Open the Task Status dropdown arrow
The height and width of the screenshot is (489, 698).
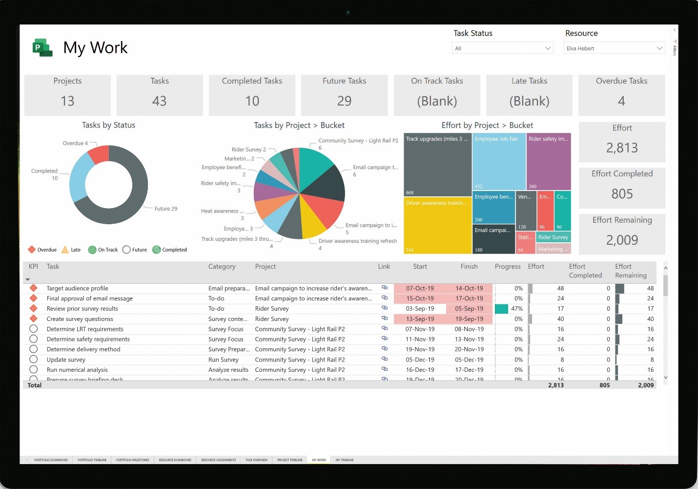(548, 48)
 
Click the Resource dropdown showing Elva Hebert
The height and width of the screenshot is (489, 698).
(615, 48)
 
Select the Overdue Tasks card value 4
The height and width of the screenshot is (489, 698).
(621, 101)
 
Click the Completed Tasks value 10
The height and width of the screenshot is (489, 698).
(252, 101)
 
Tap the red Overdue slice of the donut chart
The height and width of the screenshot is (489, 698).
(99, 155)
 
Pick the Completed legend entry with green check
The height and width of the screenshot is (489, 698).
(169, 250)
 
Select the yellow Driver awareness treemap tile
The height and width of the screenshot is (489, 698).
(437, 225)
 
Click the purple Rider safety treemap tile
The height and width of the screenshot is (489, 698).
(549, 164)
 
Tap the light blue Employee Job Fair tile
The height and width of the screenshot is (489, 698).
(498, 164)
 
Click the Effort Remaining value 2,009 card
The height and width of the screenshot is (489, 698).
(622, 240)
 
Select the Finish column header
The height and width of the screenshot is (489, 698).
(469, 266)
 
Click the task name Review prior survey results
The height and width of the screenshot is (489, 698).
(82, 309)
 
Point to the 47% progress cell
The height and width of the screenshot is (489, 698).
(516, 309)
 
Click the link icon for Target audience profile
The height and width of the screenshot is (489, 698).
(385, 288)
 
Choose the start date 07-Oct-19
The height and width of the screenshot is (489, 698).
(420, 288)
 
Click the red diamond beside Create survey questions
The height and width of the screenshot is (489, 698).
(34, 319)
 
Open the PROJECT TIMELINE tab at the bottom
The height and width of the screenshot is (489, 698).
(290, 460)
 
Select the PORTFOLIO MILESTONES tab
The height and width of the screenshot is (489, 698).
(133, 460)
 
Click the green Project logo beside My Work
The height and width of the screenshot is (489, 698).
(42, 48)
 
